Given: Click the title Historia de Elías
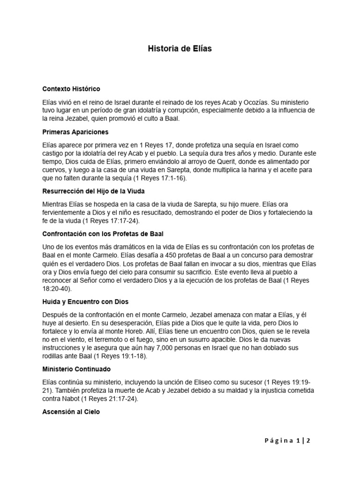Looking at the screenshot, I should click(180, 49).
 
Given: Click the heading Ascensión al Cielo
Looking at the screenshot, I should click(71, 412).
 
